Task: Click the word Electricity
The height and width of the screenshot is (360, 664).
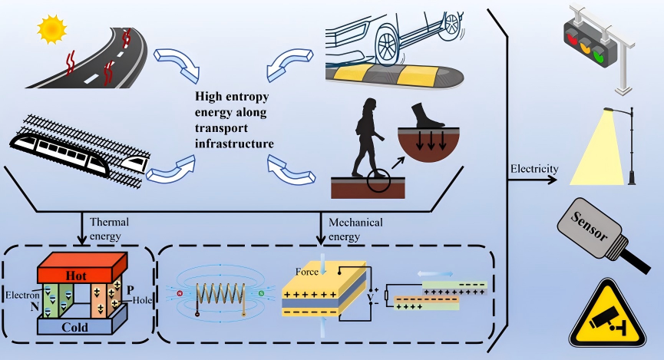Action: coord(534,169)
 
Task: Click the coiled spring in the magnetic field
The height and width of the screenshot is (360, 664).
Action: coord(220,292)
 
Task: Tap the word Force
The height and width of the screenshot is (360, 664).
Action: coord(307,272)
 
